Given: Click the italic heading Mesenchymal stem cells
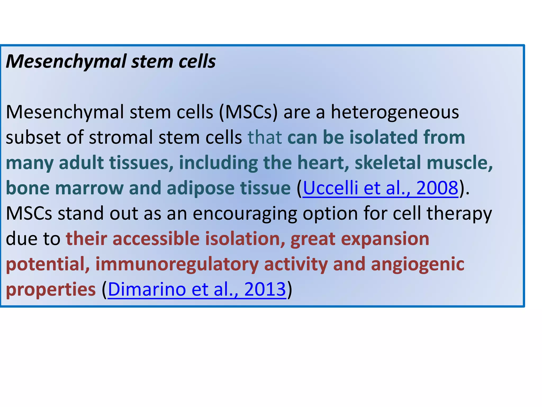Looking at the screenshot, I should [x=111, y=61].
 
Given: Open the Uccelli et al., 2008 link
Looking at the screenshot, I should [x=380, y=188].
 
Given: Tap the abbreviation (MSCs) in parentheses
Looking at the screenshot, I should [x=248, y=112].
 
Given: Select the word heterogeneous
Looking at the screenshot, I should [x=395, y=112].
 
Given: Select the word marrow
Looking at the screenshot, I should [x=89, y=188].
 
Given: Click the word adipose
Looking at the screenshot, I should [x=200, y=188].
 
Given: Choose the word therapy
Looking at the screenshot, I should [x=459, y=214].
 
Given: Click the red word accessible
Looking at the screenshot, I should [x=156, y=238].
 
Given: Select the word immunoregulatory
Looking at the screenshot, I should [x=177, y=264].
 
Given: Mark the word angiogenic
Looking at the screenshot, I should [x=417, y=264].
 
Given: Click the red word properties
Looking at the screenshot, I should [x=51, y=290].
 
